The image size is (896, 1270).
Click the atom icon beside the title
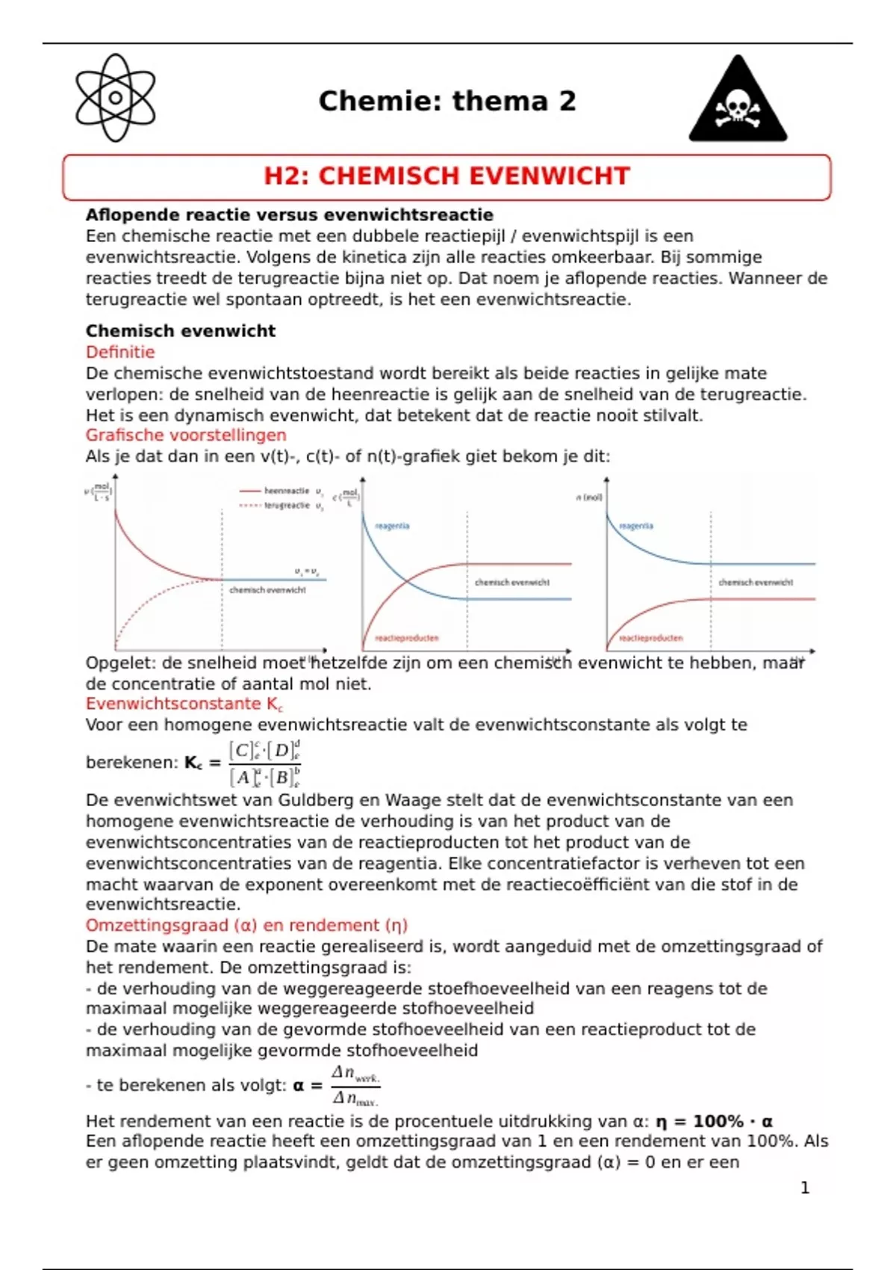click(116, 98)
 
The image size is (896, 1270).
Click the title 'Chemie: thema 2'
click(447, 101)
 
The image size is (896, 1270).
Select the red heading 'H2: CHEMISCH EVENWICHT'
click(447, 176)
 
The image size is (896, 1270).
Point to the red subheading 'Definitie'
click(120, 353)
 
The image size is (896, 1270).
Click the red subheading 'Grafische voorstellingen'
click(186, 436)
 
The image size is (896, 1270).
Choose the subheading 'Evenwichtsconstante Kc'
click(184, 704)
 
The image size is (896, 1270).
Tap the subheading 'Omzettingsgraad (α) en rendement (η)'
click(246, 926)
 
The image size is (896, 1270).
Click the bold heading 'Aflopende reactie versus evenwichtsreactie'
click(290, 215)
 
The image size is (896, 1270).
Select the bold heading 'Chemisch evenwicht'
click(181, 331)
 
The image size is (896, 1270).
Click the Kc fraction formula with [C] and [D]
click(264, 763)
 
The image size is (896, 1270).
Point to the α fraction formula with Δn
click(355, 1085)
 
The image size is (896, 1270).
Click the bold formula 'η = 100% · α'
click(715, 1121)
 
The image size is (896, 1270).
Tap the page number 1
click(805, 1188)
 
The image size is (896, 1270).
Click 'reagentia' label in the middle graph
click(392, 526)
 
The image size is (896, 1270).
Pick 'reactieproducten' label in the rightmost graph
click(651, 638)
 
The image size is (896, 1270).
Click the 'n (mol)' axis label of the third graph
click(589, 498)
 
